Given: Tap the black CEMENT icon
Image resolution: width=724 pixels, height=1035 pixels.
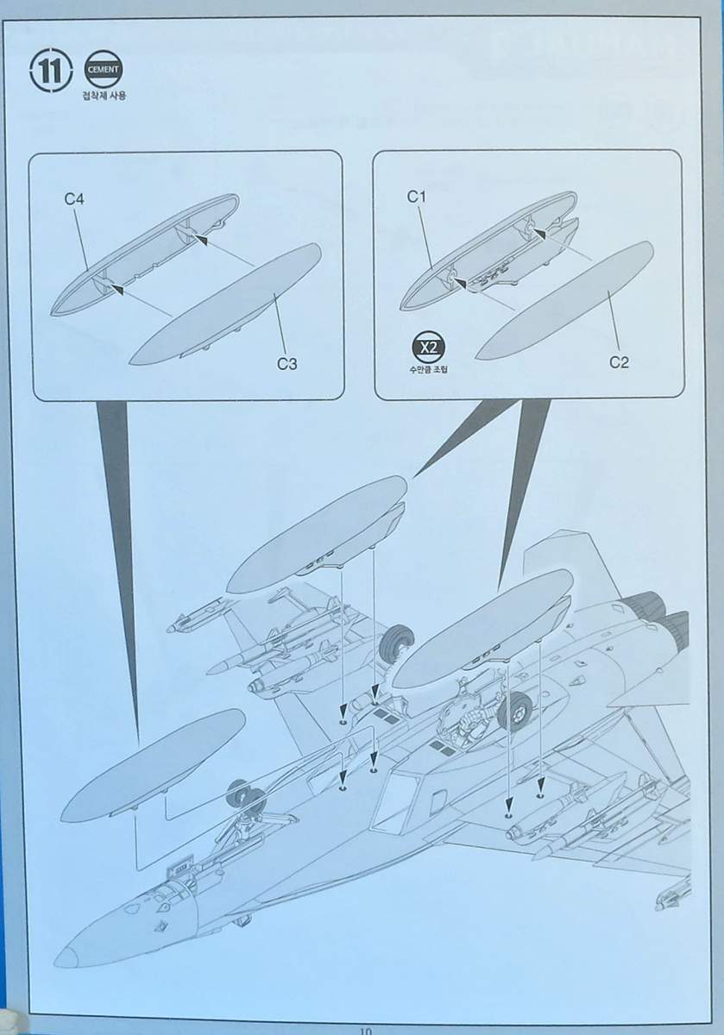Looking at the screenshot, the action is point(103,70).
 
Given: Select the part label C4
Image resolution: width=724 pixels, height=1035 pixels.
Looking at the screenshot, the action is point(74,199).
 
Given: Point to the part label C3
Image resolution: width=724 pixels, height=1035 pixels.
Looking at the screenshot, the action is point(286,364).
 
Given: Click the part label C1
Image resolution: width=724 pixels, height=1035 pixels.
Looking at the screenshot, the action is point(416,198).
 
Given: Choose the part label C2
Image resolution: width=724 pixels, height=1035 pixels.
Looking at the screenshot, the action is point(619,363).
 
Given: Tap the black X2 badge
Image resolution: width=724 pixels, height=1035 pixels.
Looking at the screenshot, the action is point(429,348).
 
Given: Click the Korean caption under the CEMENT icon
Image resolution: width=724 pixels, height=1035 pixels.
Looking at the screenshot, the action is point(104,96).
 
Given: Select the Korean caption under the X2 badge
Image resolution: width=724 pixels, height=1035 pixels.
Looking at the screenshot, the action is point(428,369).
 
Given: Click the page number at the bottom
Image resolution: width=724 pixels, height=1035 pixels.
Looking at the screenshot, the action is point(365,1031).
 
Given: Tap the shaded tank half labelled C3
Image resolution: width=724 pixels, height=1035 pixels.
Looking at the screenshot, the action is point(225,305).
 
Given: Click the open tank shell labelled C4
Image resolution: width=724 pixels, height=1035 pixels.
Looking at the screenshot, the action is point(145,255).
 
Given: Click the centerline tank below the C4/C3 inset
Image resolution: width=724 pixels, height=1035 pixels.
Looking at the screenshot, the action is point(153,769).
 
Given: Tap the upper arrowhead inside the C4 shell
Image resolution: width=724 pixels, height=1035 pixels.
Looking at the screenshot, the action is point(199,240).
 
